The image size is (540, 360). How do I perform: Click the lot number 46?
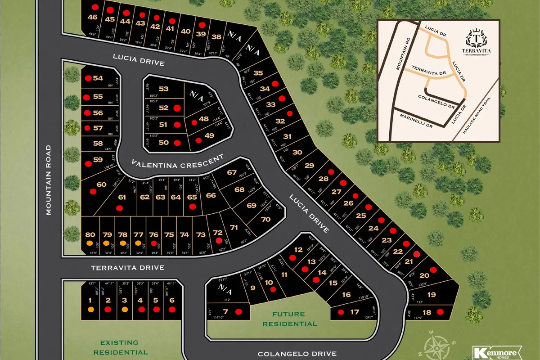tap(93, 18)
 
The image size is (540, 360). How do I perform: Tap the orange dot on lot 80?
tap(90, 243)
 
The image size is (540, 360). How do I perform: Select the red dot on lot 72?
tap(219, 241)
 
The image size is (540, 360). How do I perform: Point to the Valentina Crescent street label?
tap(177, 162)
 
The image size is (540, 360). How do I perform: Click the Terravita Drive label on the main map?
tap(127, 268)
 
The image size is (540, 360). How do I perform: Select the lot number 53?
tap(163, 89)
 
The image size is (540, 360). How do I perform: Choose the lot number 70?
tap(265, 220)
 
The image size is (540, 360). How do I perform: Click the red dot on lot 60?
tap(93, 191)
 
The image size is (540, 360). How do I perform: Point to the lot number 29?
tap(309, 166)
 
